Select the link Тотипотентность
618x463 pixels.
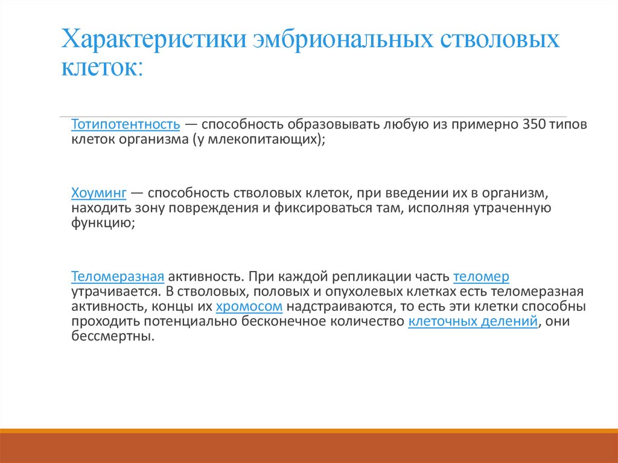tap(126, 125)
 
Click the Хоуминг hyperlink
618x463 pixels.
tap(98, 194)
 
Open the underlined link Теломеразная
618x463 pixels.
tap(118, 277)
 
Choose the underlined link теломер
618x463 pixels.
tap(481, 277)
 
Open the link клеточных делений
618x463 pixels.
tap(473, 321)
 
